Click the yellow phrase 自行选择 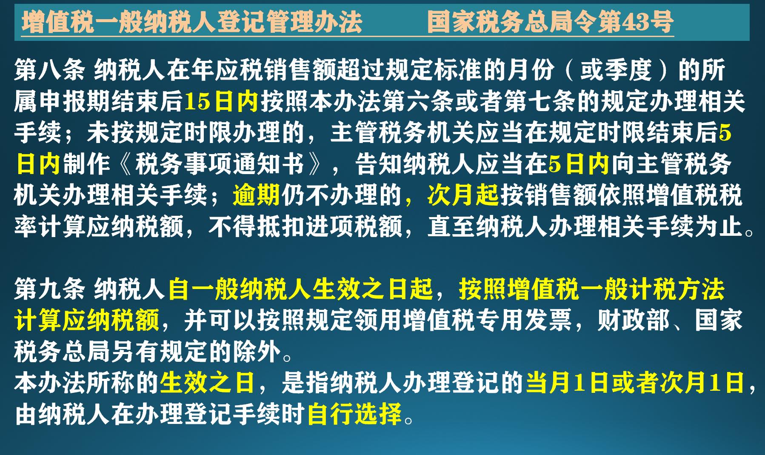tap(354, 414)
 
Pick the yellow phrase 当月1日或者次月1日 tap(635, 382)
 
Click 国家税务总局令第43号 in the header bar tap(550, 22)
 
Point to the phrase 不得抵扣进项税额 tap(305, 227)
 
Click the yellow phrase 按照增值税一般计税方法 tap(591, 289)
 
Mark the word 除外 tap(257, 352)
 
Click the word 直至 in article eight tap(451, 227)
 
